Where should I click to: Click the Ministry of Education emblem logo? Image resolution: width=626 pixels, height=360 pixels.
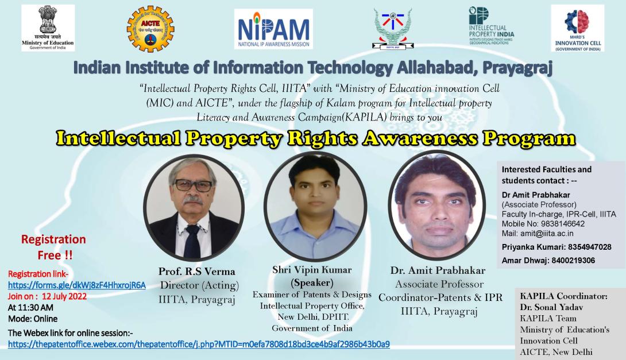point(48,28)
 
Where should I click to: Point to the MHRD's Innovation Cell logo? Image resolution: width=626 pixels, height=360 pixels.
point(577,28)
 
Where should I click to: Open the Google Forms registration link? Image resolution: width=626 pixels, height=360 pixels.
point(77,285)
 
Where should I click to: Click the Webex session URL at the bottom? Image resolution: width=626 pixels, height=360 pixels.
point(199,344)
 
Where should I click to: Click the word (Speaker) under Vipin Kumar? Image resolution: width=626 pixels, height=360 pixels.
point(312,282)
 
